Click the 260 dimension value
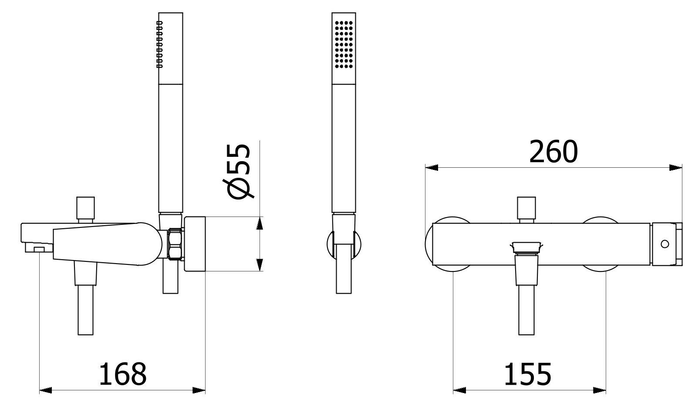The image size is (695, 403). click(553, 152)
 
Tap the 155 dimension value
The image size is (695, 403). click(528, 374)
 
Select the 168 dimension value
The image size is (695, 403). click(122, 374)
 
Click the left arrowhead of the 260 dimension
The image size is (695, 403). click(431, 168)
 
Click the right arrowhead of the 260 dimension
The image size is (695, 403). click(676, 168)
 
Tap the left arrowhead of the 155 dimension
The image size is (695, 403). click(459, 390)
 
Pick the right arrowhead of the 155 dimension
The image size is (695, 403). click(600, 390)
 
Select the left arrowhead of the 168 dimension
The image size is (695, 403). click(46, 390)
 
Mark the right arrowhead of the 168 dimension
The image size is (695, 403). click(199, 390)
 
